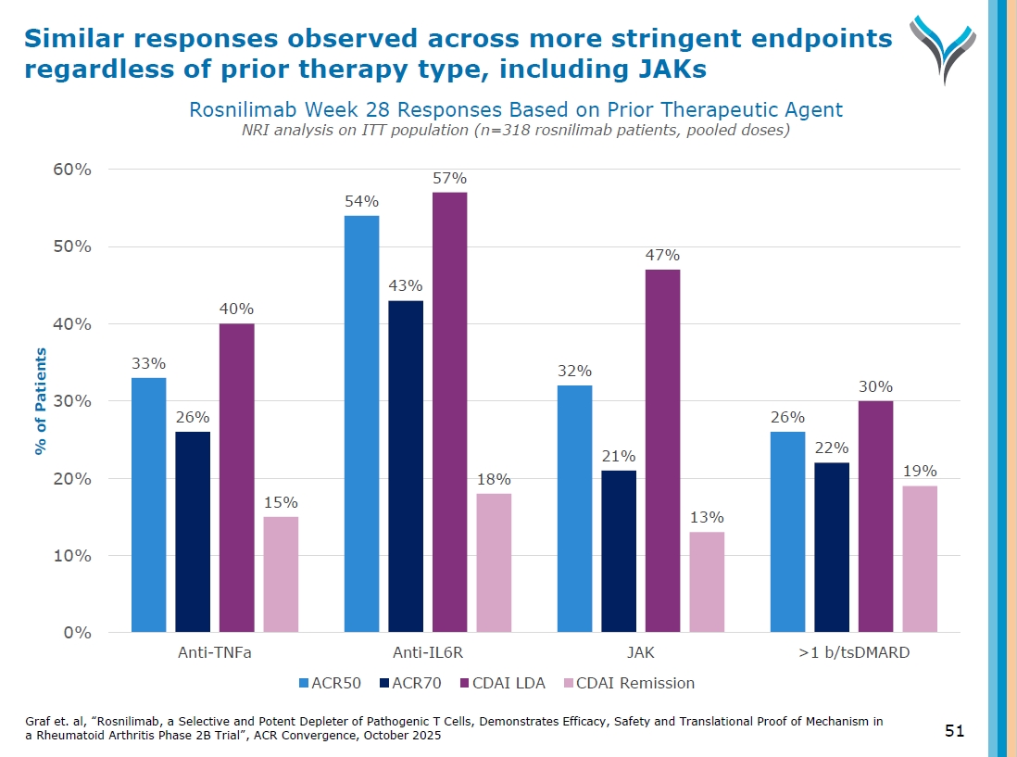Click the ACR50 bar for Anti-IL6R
[x=361, y=424]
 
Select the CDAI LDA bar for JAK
[x=662, y=451]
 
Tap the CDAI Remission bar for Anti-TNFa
[x=281, y=574]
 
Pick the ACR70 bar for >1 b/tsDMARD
[x=832, y=548]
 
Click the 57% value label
[x=449, y=178]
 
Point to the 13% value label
[x=707, y=517]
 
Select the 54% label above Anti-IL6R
[x=361, y=201]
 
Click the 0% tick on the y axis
[x=77, y=633]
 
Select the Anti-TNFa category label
[x=215, y=652]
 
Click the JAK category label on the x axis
[x=640, y=652]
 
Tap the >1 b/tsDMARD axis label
[x=853, y=652]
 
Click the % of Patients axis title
[x=41, y=401]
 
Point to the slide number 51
[x=954, y=731]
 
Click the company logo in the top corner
[x=941, y=46]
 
